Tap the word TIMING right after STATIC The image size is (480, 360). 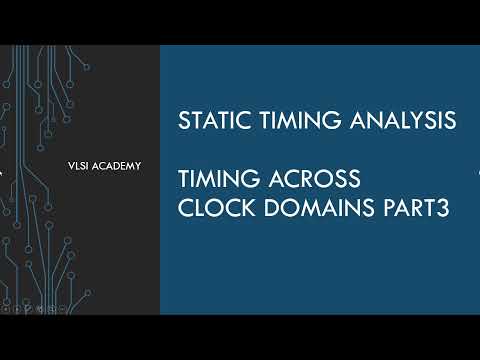[291, 121]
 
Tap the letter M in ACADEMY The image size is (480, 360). [128, 164]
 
